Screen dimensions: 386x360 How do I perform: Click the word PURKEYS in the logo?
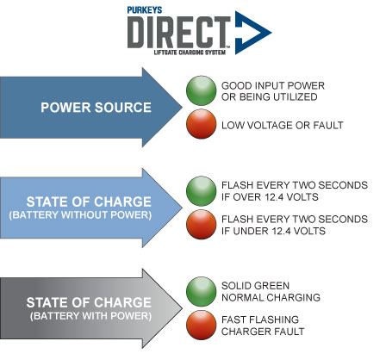click(145, 10)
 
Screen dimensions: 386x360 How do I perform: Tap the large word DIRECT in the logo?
click(178, 32)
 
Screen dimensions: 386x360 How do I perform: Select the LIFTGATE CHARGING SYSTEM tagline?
click(190, 53)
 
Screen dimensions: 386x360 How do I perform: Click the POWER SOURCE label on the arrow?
click(96, 108)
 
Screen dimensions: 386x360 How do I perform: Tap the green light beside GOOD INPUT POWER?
click(201, 90)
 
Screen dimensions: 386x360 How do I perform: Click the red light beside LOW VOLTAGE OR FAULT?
click(201, 124)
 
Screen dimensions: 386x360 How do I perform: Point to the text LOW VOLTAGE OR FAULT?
click(283, 125)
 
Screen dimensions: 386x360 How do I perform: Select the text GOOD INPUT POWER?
click(273, 85)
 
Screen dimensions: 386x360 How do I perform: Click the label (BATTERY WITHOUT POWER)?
click(80, 215)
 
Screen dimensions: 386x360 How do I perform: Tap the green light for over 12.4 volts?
click(201, 191)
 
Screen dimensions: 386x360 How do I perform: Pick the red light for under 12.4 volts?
click(201, 225)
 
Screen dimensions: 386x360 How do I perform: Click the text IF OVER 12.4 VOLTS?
click(270, 197)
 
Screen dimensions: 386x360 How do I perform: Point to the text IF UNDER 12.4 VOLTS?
click(273, 231)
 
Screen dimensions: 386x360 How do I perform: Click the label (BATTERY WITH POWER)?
click(90, 316)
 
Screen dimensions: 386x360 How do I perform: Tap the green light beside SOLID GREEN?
click(201, 292)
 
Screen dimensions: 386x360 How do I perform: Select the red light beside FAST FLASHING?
click(201, 326)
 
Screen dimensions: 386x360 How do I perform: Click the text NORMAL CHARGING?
click(271, 297)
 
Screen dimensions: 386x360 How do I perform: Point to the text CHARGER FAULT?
click(263, 332)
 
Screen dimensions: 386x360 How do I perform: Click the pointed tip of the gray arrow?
click(182, 308)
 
